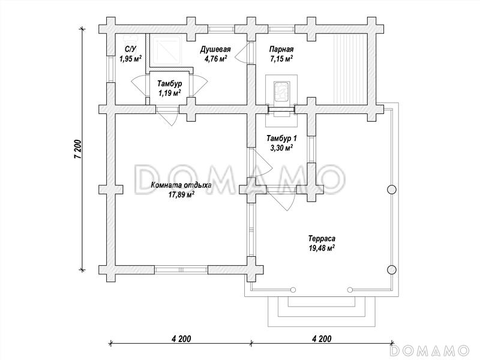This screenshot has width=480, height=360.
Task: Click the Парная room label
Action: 281,49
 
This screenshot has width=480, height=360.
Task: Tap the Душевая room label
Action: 215,49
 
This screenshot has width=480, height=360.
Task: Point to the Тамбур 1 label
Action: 281,139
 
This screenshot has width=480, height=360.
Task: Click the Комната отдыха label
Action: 181,185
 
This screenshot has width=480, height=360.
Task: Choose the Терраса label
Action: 322,238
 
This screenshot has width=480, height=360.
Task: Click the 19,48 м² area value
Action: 322,247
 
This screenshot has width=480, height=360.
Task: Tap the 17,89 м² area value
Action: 182,194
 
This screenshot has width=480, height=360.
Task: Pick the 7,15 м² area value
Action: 281,58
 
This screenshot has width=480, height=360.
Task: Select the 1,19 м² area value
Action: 169,92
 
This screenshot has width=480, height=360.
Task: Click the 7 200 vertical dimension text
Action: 78,149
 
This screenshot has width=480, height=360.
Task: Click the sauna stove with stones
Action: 281,91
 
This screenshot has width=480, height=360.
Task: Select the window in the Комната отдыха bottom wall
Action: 182,269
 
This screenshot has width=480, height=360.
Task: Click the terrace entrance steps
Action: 322,311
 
